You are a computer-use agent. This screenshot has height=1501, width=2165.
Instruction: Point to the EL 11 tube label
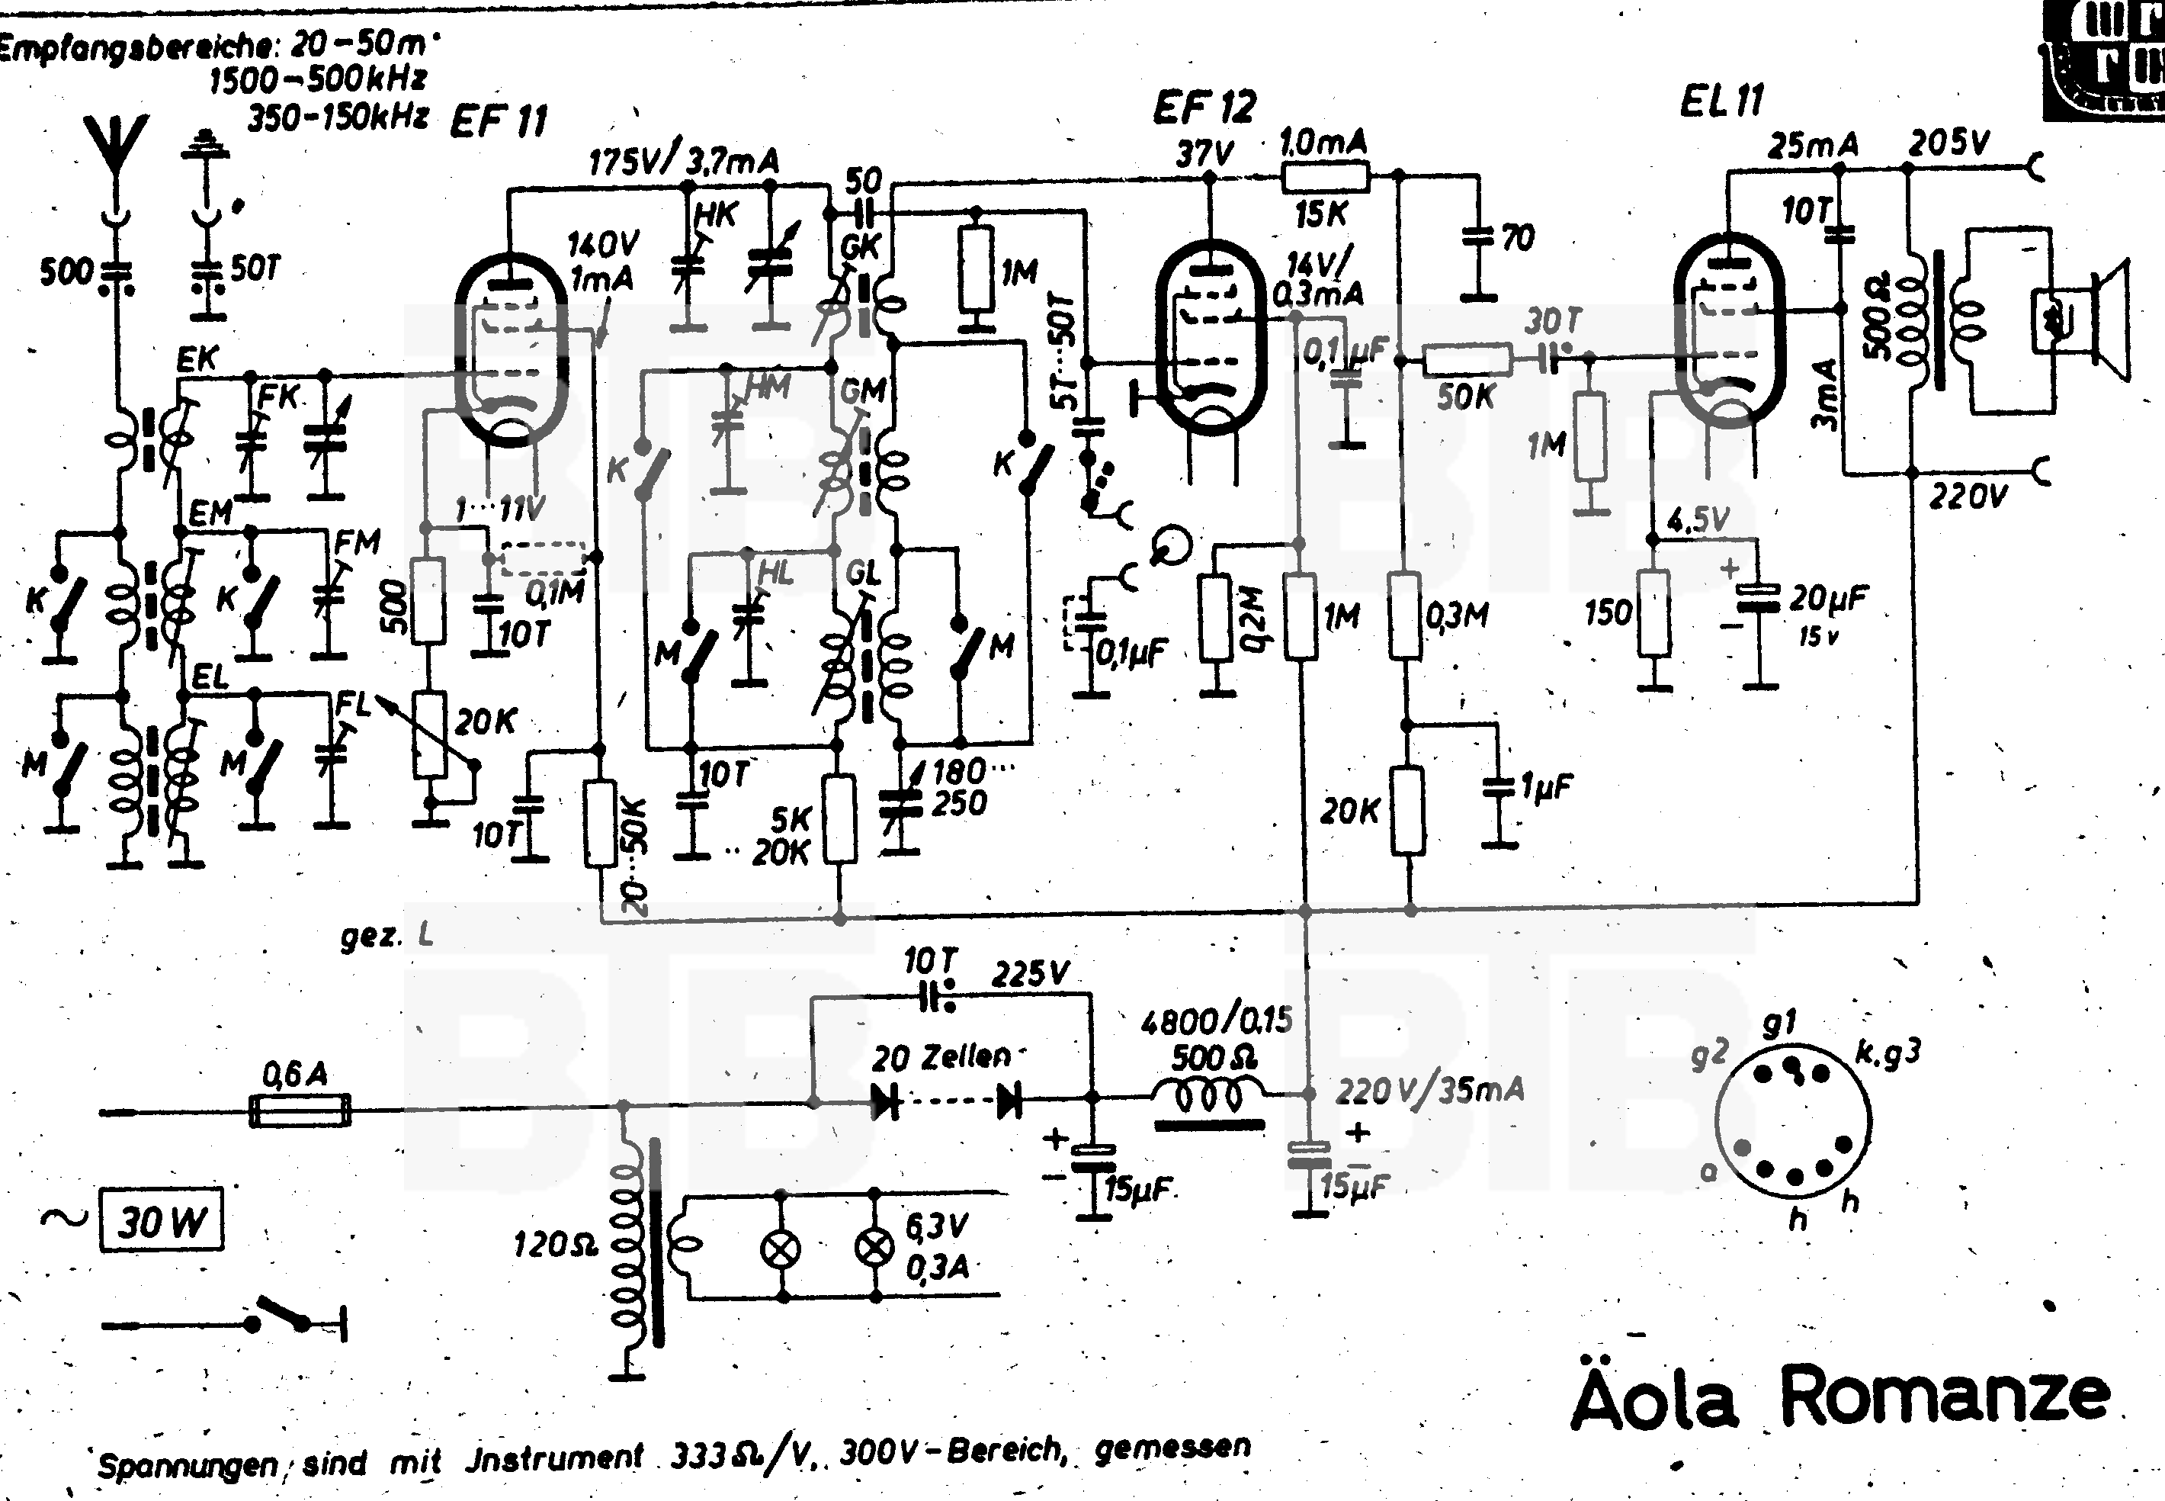1722,101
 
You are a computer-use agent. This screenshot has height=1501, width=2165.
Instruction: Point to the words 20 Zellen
940,1057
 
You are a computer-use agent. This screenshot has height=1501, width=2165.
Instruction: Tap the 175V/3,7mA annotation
684,162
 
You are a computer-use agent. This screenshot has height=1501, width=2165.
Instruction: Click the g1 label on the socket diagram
1779,1022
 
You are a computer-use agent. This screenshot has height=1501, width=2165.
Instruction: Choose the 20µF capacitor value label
1829,598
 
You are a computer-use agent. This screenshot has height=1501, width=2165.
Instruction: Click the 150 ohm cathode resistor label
1608,613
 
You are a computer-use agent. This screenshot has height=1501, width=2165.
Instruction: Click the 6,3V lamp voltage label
936,1226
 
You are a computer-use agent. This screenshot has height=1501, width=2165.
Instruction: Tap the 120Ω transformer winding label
556,1245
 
